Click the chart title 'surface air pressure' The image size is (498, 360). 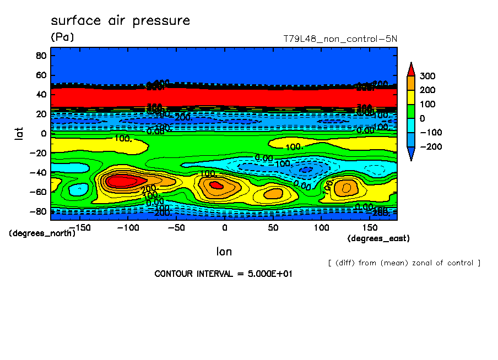[x=120, y=21]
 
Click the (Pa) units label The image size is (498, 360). [x=62, y=37]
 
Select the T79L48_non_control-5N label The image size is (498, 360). [x=340, y=39]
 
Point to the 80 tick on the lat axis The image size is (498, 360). [x=41, y=56]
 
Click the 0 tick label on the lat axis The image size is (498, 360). [x=43, y=133]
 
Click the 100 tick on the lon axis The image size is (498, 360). [x=322, y=227]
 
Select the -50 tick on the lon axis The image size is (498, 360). [x=176, y=227]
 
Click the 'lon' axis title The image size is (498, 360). [x=224, y=252]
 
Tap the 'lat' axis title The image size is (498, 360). [x=19, y=132]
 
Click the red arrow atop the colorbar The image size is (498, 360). [x=410, y=69]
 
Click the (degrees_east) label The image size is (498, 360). [x=378, y=238]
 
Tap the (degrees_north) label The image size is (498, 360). [x=42, y=233]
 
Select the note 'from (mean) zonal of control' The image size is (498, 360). [x=404, y=263]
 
